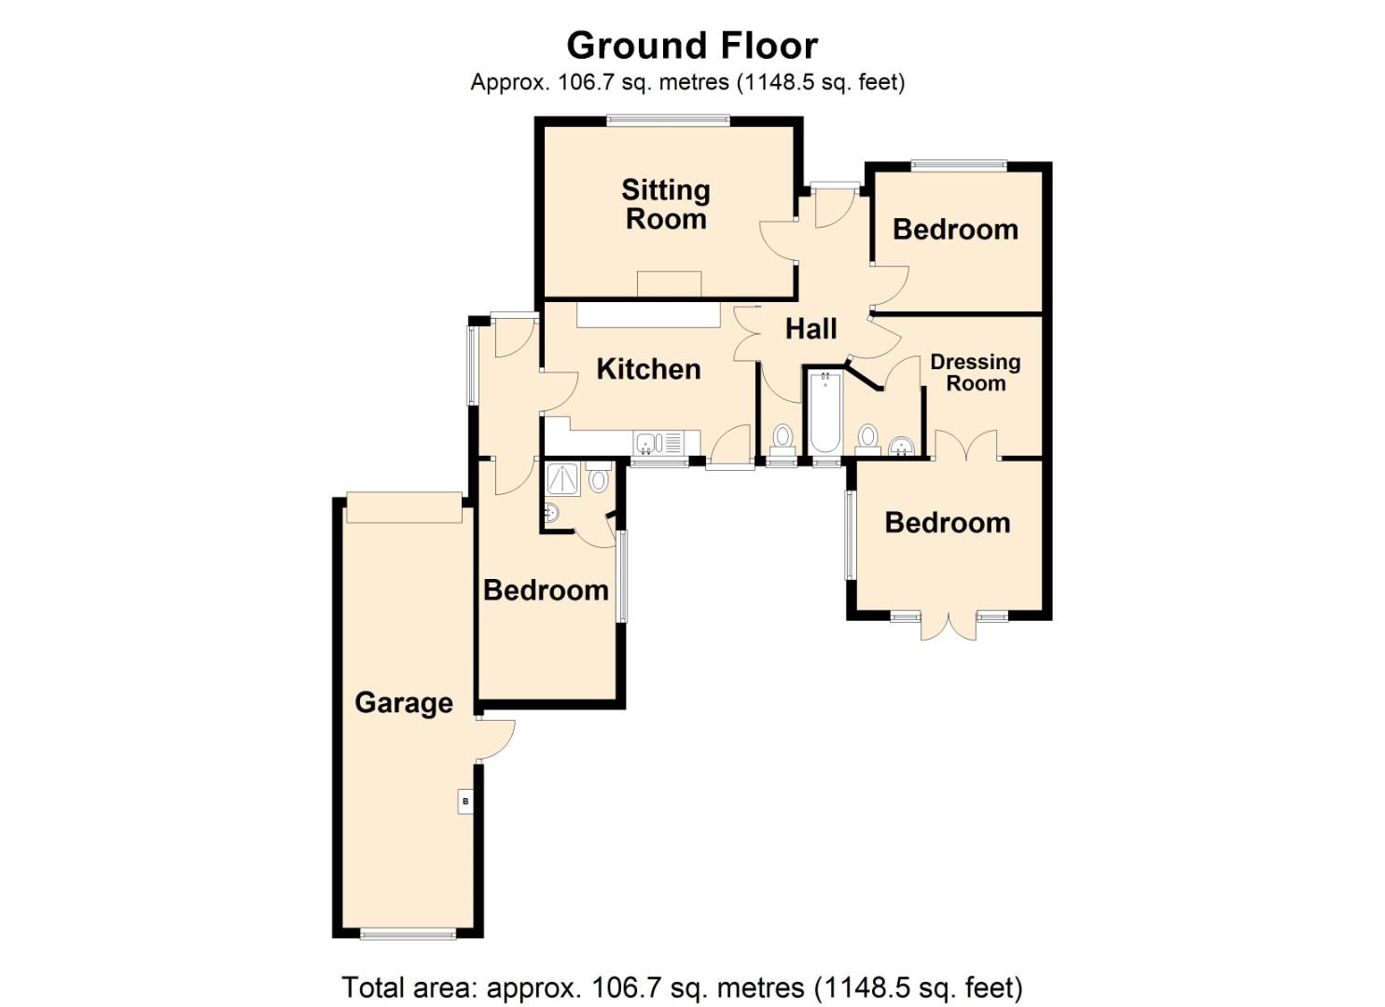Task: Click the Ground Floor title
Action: tap(692, 45)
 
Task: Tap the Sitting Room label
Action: tap(666, 204)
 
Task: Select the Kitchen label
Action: tap(648, 369)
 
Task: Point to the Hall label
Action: tap(810, 328)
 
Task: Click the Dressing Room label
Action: tap(976, 372)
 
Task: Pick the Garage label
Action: tap(404, 702)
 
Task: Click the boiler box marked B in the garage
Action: tap(465, 801)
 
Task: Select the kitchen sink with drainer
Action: tap(658, 442)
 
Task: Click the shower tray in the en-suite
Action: tap(563, 479)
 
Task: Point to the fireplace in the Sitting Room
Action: tap(669, 283)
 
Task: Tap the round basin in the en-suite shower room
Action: tap(551, 512)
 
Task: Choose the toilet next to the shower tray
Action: tap(598, 478)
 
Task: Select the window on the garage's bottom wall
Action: tap(409, 933)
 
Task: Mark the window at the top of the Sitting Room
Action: tap(668, 118)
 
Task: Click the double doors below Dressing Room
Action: tap(967, 447)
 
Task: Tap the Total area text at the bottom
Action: tap(682, 986)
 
